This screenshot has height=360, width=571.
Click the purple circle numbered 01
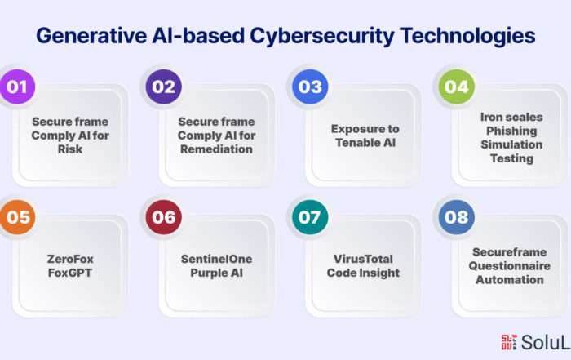(x=17, y=87)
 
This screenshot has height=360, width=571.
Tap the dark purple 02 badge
(x=163, y=87)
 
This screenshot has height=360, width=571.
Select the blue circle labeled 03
(x=310, y=87)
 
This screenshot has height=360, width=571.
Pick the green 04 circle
(x=457, y=87)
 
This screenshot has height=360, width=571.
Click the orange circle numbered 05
(x=17, y=217)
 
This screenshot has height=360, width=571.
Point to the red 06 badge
(x=163, y=217)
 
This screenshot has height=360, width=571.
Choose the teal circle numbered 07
(x=310, y=217)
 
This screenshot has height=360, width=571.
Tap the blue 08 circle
(x=457, y=217)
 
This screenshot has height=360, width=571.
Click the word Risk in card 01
(x=70, y=149)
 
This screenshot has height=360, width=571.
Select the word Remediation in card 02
(x=216, y=149)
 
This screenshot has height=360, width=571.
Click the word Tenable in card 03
(x=356, y=143)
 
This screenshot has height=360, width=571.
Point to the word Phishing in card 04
(x=511, y=131)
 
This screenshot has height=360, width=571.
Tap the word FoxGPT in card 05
(x=70, y=273)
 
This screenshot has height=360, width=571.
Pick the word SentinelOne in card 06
(x=216, y=259)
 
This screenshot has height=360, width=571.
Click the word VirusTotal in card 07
(x=363, y=259)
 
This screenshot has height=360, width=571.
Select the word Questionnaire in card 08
(x=510, y=266)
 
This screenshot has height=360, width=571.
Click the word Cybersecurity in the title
(x=322, y=37)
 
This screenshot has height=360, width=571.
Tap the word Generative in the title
(x=91, y=36)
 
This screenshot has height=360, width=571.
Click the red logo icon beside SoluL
(x=509, y=342)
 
